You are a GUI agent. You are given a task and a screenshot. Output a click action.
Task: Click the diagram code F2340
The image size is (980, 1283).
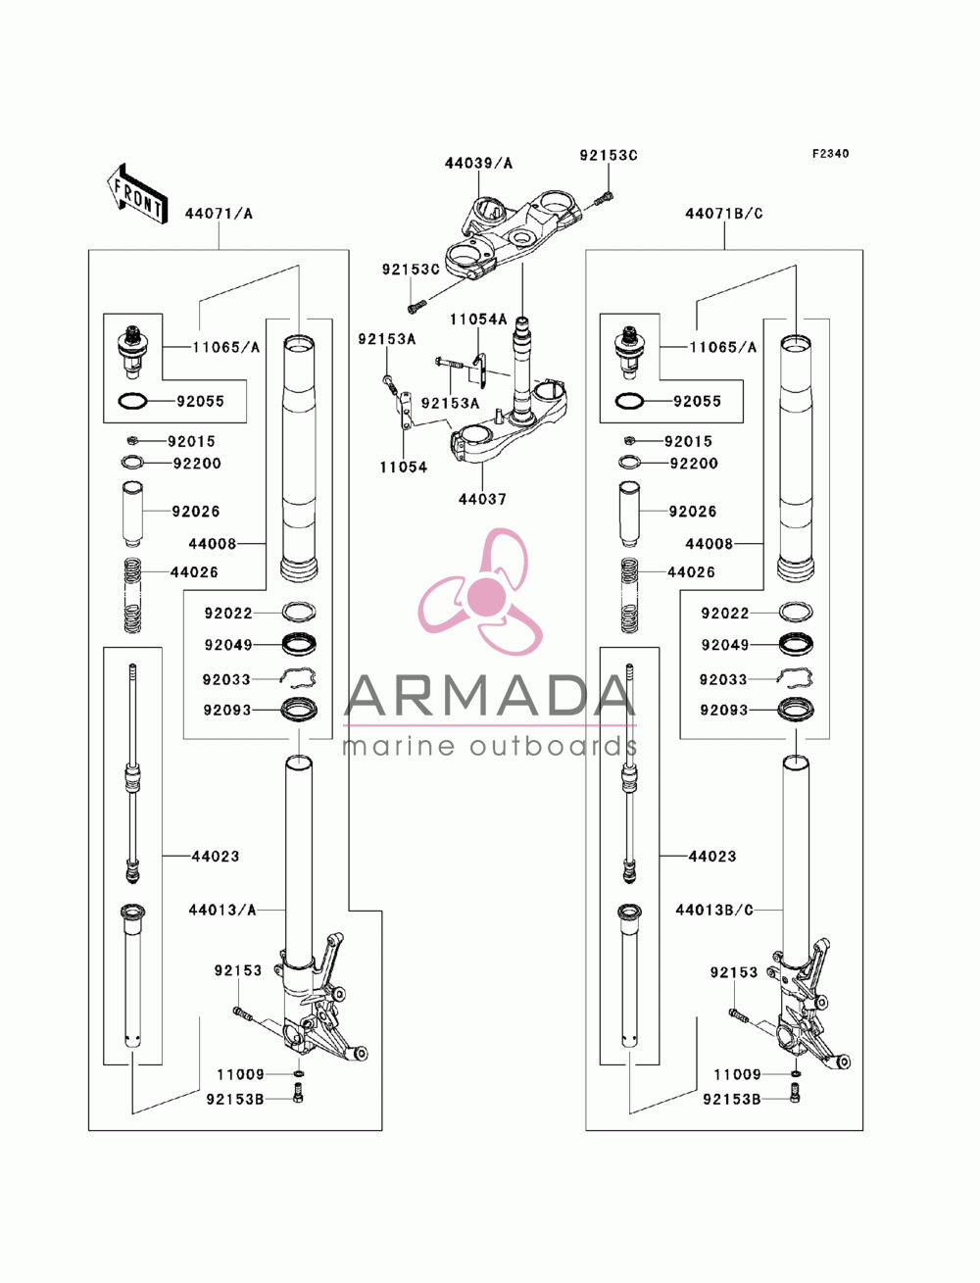click(x=830, y=154)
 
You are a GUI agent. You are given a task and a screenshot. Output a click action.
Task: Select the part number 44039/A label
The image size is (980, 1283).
click(x=478, y=163)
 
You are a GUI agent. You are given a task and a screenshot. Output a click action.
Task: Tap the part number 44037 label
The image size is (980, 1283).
click(x=482, y=499)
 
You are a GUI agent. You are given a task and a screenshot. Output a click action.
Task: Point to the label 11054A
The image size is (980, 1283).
click(x=478, y=320)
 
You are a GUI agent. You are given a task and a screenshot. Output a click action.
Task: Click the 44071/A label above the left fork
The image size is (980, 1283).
click(x=219, y=214)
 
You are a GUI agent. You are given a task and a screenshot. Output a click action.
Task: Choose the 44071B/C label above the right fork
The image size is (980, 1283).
click(x=724, y=214)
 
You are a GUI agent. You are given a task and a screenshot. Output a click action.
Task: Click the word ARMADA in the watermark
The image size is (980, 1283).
click(x=490, y=695)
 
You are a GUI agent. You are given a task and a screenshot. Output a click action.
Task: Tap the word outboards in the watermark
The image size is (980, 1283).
click(x=562, y=746)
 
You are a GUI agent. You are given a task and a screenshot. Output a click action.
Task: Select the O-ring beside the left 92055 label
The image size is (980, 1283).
click(x=132, y=401)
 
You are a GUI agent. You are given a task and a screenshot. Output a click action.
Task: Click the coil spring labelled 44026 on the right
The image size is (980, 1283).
click(x=629, y=595)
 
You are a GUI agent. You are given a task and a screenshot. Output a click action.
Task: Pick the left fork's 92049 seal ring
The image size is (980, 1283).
click(x=299, y=644)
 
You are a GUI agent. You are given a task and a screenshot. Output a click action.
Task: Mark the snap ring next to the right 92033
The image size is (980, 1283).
click(x=796, y=678)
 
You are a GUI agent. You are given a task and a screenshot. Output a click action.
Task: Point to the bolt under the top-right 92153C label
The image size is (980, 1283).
click(x=604, y=199)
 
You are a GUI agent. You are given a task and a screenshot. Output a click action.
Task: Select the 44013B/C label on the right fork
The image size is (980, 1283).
click(x=714, y=911)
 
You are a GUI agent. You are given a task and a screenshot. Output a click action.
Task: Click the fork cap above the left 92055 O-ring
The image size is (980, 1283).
click(x=133, y=353)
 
